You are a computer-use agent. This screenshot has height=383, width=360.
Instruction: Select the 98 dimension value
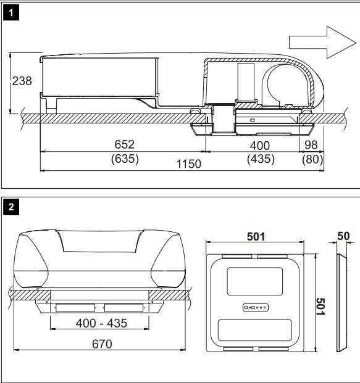(311, 144)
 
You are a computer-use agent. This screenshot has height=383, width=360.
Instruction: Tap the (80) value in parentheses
(311, 158)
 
